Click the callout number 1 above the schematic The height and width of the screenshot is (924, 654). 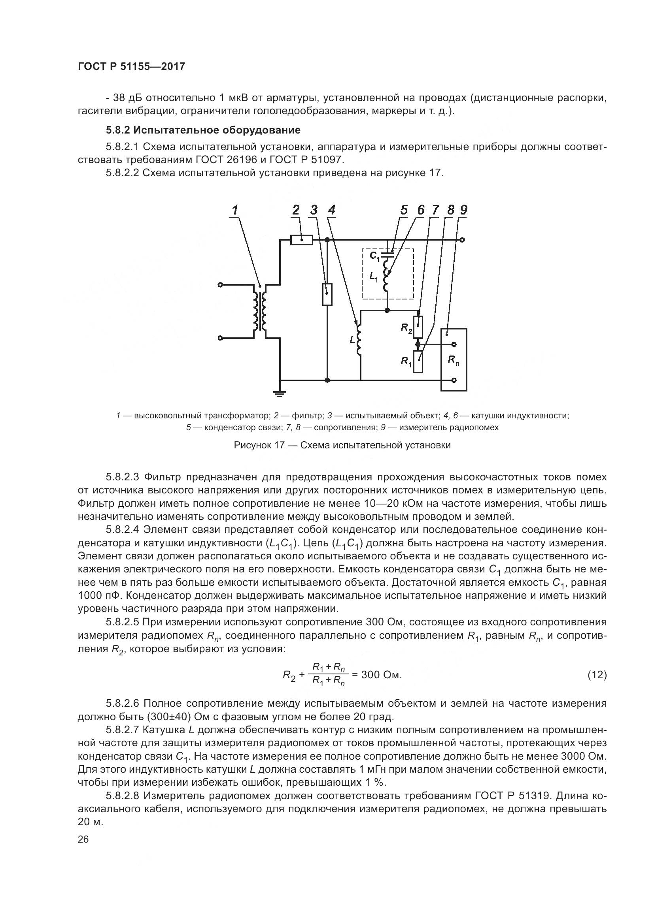pos(235,210)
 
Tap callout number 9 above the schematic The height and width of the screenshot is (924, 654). pos(463,210)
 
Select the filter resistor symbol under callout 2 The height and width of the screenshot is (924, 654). pos(302,240)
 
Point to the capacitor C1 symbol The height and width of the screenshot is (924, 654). pos(387,253)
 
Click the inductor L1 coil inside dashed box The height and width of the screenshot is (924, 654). pos(387,276)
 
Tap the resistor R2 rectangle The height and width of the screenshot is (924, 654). pos(418,327)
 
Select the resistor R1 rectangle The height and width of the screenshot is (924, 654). pos(418,361)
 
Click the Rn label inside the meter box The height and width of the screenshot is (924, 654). pos(454,361)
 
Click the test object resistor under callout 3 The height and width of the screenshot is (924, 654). pos(327,294)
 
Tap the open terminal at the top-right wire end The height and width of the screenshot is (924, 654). pos(462,240)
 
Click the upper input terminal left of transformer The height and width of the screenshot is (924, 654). pos(220,285)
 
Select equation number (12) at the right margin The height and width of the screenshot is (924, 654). pos(597,675)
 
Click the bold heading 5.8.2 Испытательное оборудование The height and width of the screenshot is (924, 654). pos(203,130)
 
